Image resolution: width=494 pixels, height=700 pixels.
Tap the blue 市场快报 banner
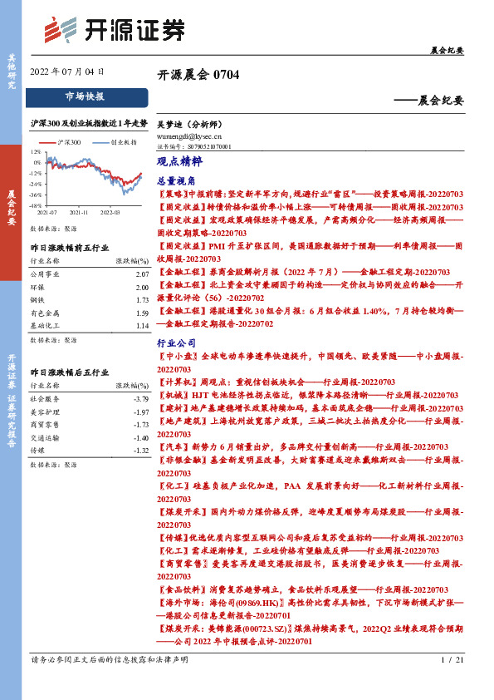pos(85,96)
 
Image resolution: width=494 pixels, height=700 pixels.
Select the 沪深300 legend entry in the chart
pos(69,143)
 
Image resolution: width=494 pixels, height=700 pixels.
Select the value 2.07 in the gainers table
pos(141,274)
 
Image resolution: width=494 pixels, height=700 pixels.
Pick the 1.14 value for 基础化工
pos(141,327)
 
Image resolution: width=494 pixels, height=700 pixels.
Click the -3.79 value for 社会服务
pos(140,399)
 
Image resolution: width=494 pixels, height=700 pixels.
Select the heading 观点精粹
pos(174,162)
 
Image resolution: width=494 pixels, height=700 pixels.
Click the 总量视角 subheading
pos(174,180)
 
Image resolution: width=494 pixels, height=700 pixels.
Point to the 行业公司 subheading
pos(174,343)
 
